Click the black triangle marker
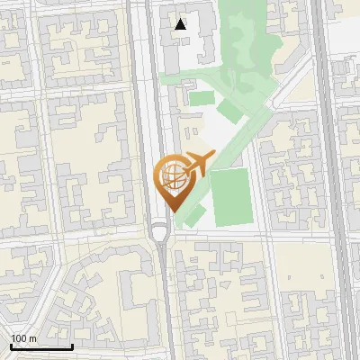(x=181, y=24)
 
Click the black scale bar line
(x=40, y=346)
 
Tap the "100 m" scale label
(x=24, y=338)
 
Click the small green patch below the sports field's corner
(x=197, y=216)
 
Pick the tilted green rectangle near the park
(x=230, y=112)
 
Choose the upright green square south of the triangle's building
(x=202, y=99)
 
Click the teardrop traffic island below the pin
(x=160, y=234)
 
